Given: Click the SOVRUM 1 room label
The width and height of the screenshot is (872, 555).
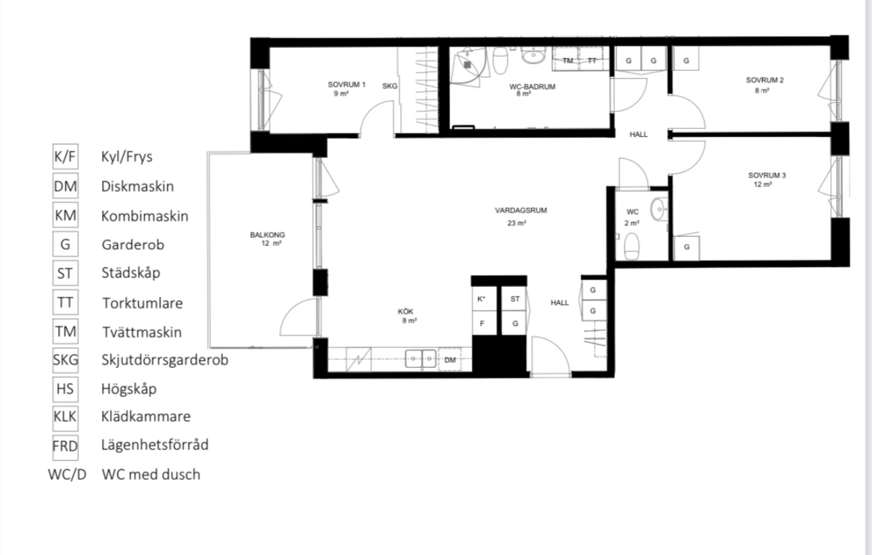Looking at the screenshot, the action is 347,84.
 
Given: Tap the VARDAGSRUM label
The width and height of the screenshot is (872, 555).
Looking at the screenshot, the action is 521,211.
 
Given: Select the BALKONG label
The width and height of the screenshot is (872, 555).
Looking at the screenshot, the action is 267,235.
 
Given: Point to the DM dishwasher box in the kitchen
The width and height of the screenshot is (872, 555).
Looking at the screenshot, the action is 450,360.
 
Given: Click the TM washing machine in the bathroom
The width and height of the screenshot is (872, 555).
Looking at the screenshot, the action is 567,60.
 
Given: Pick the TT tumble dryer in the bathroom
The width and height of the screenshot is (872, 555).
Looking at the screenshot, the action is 593,60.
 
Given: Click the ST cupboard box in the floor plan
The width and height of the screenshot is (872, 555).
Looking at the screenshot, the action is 514,298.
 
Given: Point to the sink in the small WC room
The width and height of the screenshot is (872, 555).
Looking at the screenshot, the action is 659,209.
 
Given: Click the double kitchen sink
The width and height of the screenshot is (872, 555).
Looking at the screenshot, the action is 420,359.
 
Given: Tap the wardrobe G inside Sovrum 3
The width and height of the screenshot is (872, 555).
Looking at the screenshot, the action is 687,247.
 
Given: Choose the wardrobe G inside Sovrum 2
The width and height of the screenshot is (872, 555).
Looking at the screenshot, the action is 686,59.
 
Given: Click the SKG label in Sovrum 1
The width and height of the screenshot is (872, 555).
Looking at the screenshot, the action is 389,86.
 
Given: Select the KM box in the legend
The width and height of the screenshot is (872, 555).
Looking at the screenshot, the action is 66,215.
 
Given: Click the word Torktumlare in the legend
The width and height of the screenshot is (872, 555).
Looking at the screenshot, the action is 143,303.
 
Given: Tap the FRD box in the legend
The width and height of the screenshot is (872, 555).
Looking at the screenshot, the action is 66,446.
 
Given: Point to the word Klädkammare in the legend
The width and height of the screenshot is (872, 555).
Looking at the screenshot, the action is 146,416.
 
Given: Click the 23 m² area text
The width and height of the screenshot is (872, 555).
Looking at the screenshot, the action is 516,223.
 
